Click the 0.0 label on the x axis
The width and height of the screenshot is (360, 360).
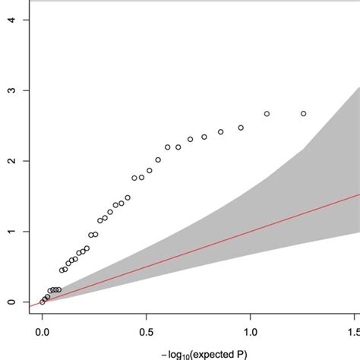[43, 332]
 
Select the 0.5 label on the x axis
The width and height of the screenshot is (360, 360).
[147, 332]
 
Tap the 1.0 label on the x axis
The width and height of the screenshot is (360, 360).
[251, 332]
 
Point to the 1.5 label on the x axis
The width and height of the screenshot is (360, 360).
[352, 332]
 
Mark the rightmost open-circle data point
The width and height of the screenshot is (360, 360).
[304, 113]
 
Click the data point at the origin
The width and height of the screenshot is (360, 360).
[43, 302]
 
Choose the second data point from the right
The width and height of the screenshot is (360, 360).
[267, 113]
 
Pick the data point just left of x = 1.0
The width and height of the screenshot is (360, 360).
[241, 128]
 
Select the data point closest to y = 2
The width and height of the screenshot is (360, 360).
[158, 159]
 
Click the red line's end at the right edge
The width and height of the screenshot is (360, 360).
[358, 194]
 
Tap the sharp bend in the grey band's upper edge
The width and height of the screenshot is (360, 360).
[304, 148]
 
